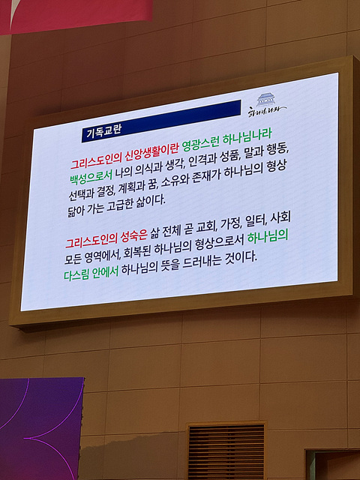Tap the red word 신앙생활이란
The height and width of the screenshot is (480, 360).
pyautogui.click(x=152, y=153)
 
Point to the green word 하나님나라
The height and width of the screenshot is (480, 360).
pyautogui.click(x=247, y=136)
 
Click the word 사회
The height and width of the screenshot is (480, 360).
pyautogui.click(x=280, y=217)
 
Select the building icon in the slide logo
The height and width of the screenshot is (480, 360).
pyautogui.click(x=265, y=100)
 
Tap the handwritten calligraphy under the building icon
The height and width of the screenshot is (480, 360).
pyautogui.click(x=266, y=111)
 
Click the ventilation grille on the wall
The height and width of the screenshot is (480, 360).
pyautogui.click(x=226, y=451)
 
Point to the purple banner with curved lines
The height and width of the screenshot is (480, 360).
pyautogui.click(x=41, y=428)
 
